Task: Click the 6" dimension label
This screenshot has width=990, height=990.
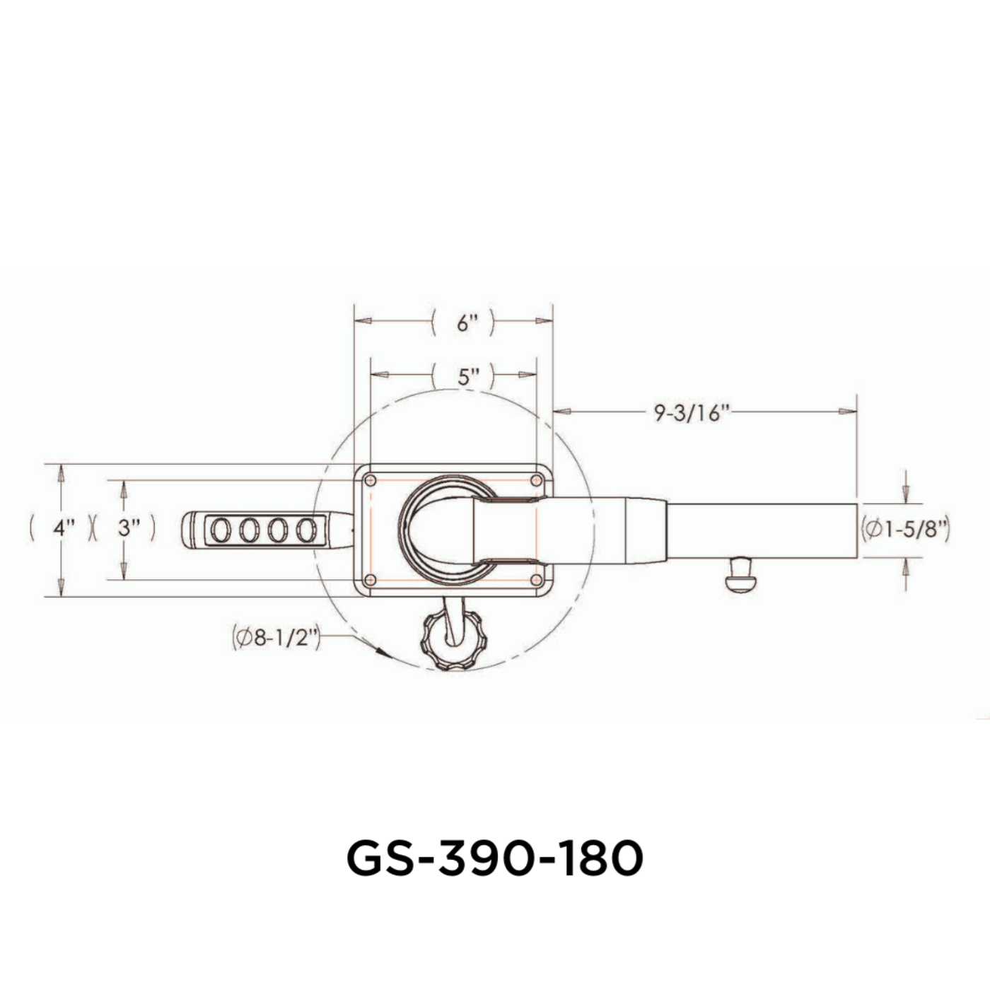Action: [466, 323]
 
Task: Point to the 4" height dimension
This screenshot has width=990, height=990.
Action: [64, 528]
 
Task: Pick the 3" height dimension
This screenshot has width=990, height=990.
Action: [128, 528]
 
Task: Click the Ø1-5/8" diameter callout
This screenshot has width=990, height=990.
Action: [906, 529]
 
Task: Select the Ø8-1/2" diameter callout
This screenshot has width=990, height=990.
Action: [276, 638]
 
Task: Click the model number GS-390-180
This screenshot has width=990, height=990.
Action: [494, 858]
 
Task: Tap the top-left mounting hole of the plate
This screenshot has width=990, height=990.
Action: [369, 481]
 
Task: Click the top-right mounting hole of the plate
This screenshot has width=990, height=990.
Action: [536, 481]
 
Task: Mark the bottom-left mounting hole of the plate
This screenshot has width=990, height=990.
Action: [369, 580]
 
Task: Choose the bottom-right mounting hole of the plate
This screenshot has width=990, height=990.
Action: [536, 580]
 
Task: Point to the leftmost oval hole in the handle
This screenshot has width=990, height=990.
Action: [221, 530]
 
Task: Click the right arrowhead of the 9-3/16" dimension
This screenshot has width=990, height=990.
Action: [848, 411]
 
